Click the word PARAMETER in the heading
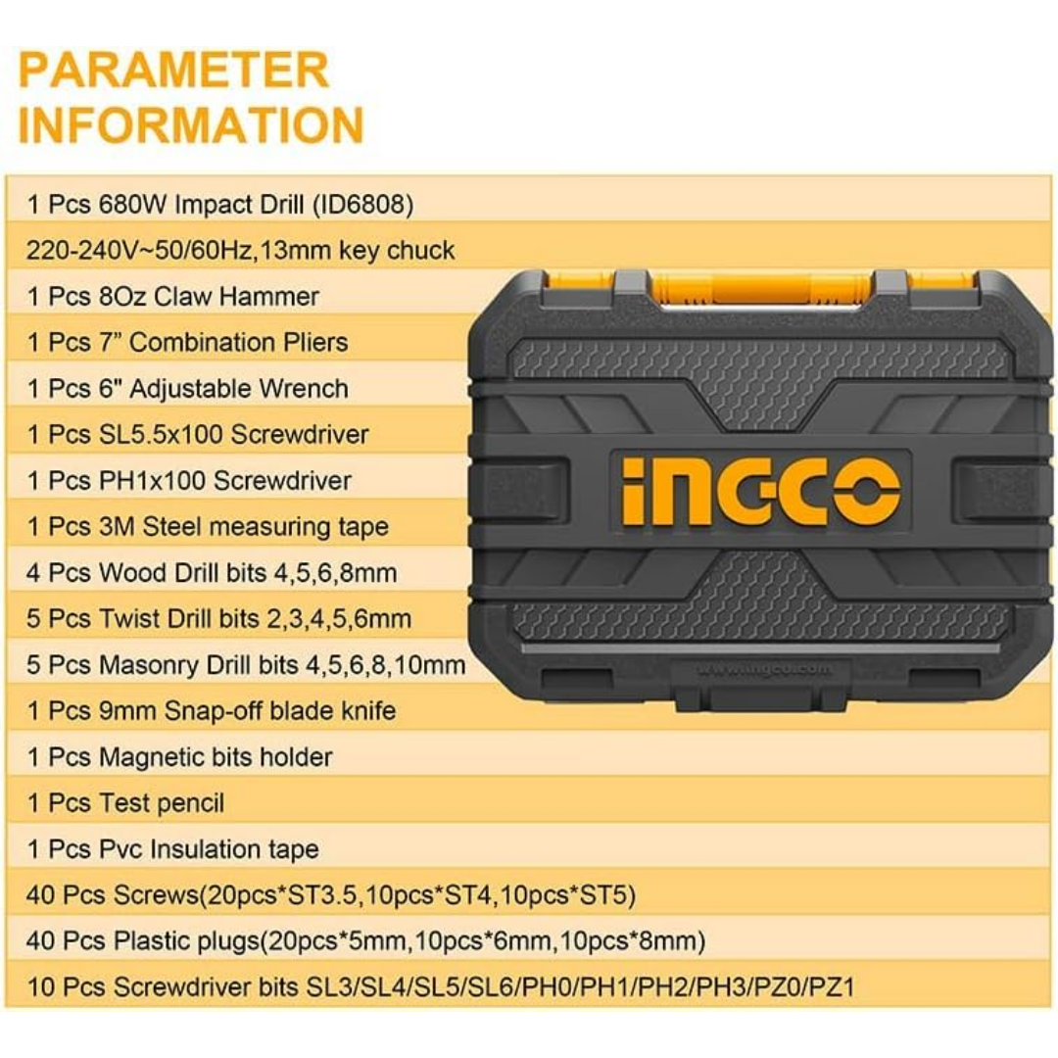pos(173,71)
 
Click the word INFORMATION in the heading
pos(191,124)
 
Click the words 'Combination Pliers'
pos(239,342)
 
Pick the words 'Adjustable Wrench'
pos(239,389)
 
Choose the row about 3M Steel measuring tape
pos(208,526)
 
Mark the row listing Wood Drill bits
pos(212,573)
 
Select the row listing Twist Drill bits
pos(218,619)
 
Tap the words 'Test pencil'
pos(162,803)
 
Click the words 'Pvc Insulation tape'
pos(210,848)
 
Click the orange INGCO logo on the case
pos(760,490)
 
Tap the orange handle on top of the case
pos(760,289)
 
